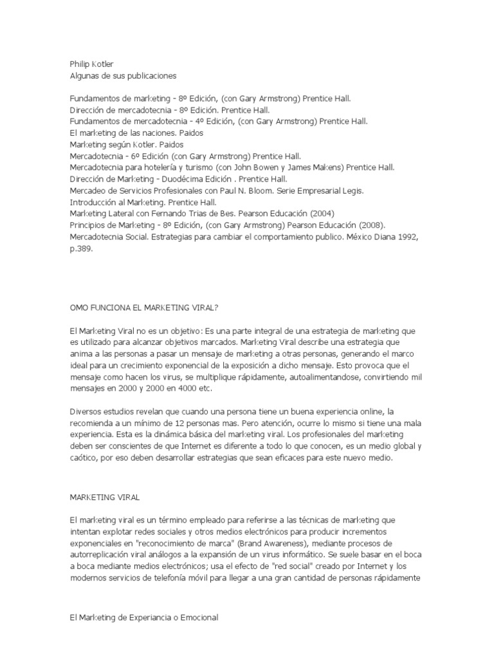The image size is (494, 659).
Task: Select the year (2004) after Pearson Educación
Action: click(x=322, y=213)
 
